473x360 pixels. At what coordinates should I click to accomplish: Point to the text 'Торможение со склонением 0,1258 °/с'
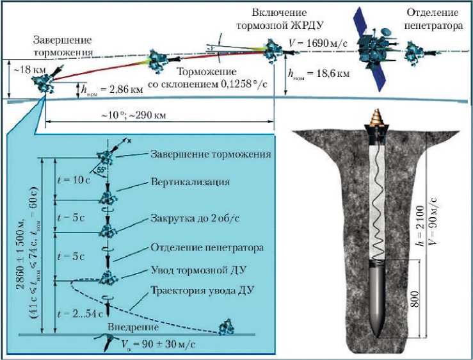coord(211,78)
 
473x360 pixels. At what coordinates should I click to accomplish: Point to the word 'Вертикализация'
coord(191,181)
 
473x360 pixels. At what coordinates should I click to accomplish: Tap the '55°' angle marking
coord(103,171)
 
